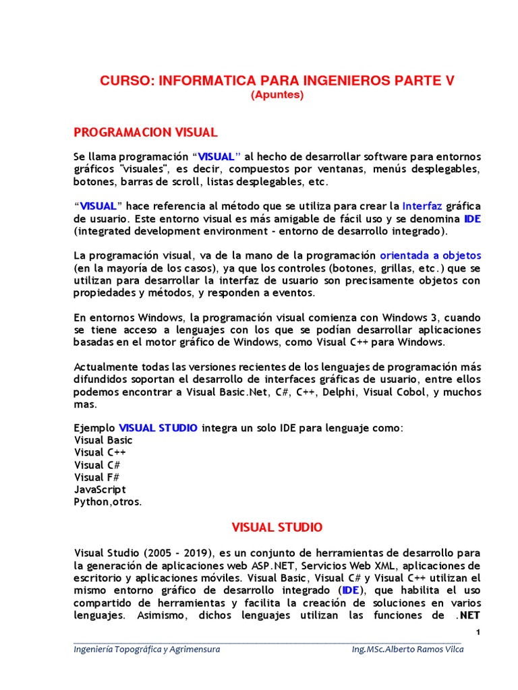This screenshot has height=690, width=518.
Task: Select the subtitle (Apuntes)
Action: pyautogui.click(x=277, y=95)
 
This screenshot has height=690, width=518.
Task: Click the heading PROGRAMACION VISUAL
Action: pyautogui.click(x=145, y=131)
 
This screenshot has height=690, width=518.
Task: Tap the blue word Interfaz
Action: pyautogui.click(x=422, y=206)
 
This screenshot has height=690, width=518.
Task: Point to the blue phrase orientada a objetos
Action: pyautogui.click(x=430, y=256)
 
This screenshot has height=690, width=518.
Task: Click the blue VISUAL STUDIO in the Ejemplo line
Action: pyautogui.click(x=159, y=428)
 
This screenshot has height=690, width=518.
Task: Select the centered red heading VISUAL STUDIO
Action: pyautogui.click(x=277, y=527)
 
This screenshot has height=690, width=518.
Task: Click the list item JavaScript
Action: pyautogui.click(x=100, y=490)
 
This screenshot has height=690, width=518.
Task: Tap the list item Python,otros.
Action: pyautogui.click(x=108, y=502)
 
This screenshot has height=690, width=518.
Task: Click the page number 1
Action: pyautogui.click(x=478, y=631)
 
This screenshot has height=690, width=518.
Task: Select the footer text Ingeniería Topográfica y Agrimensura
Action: pyautogui.click(x=147, y=649)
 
